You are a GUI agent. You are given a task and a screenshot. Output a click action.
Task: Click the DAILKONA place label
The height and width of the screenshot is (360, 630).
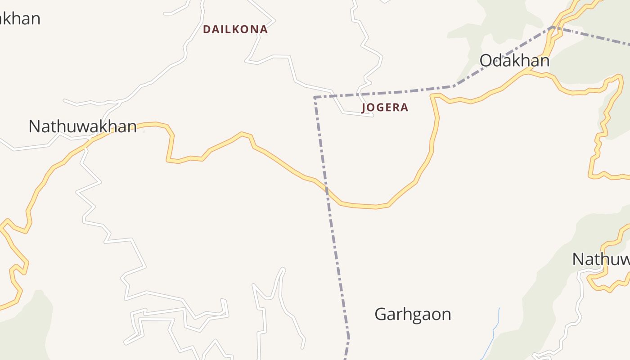(235, 30)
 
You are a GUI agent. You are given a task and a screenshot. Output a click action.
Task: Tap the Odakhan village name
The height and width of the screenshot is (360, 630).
(514, 61)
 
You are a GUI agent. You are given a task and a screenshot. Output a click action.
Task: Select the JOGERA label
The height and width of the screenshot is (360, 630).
(385, 108)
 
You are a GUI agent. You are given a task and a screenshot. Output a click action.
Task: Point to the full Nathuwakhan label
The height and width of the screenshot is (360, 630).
(82, 126)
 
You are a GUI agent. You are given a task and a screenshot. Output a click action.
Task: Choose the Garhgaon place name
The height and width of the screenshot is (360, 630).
(413, 314)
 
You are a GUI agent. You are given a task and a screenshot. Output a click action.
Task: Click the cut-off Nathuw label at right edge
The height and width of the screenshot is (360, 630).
(601, 259)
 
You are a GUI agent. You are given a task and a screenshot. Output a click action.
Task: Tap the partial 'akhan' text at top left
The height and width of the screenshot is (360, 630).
(20, 19)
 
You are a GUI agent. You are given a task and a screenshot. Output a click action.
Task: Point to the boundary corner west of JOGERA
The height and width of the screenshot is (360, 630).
(315, 97)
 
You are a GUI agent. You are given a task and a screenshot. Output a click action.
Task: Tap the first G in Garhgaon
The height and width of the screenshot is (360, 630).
(381, 314)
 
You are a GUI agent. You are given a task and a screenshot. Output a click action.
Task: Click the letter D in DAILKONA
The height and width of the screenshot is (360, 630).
(207, 30)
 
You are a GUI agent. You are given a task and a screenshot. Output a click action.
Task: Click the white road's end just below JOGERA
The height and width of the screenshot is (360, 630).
(373, 116)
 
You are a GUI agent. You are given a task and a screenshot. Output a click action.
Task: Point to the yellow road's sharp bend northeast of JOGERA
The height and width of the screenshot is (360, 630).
(433, 95)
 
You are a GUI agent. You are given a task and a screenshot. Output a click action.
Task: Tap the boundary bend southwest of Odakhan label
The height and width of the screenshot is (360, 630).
(454, 86)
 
